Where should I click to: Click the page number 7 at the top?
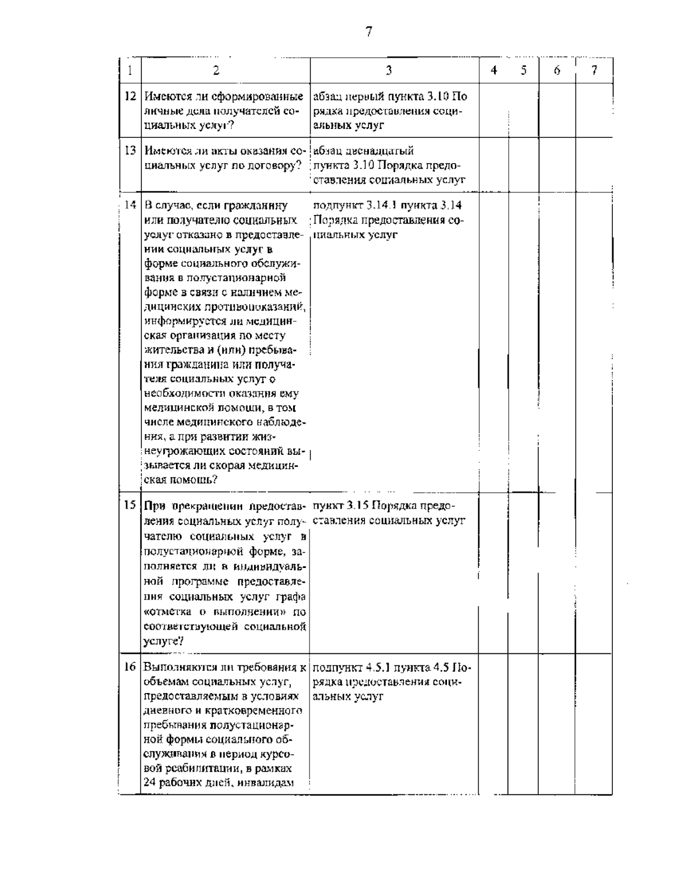[368, 32]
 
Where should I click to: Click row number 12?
[130, 97]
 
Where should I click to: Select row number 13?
[130, 151]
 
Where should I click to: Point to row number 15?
[130, 505]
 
